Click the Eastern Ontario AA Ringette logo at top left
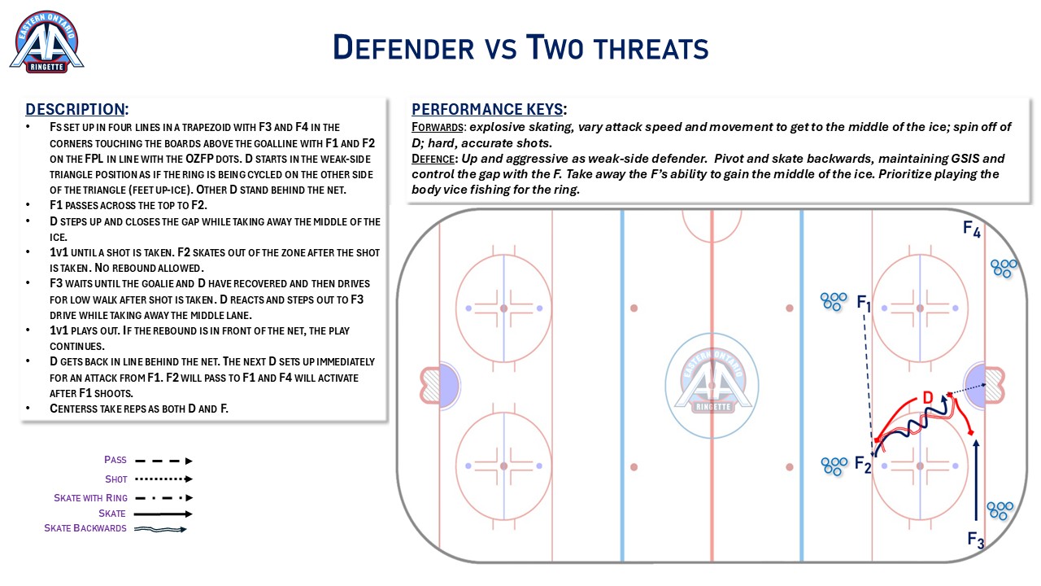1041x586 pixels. coord(46,42)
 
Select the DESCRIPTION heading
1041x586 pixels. coord(76,109)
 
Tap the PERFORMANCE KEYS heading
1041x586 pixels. coord(489,109)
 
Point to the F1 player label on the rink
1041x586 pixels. coord(864,303)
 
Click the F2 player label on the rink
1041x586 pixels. coord(863,464)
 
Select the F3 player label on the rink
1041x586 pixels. coord(975,540)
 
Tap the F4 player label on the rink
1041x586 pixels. coord(972,229)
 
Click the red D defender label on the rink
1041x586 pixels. coord(928,398)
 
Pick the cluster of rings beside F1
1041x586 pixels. coord(834,301)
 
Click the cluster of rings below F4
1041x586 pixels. coord(1004,269)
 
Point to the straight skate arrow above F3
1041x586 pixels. coord(976,480)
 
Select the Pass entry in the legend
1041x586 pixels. coord(115,460)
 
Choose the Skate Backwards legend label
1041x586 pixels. coord(85,528)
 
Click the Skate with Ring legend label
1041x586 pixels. coord(90,498)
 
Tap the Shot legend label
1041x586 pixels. coord(115,479)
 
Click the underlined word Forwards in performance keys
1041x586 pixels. coord(438,128)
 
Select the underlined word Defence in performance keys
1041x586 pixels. coord(433,159)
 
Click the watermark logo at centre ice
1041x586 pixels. coord(712,386)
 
